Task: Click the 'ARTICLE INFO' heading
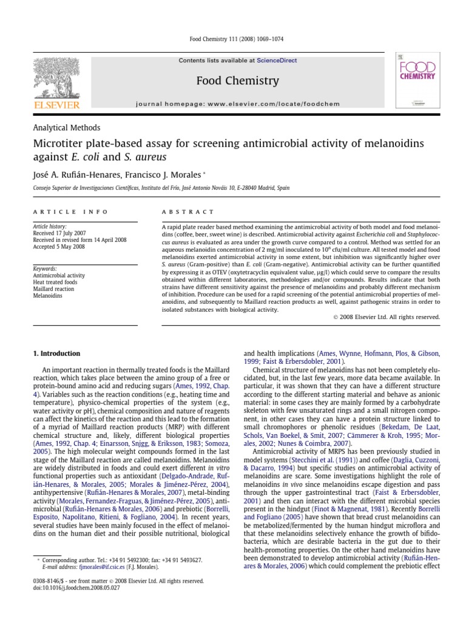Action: coord(70,212)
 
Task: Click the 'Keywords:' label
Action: coord(45,268)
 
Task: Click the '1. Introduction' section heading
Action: coord(56,354)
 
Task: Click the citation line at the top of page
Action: coord(233,39)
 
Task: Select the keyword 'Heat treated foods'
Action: coord(55,281)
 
